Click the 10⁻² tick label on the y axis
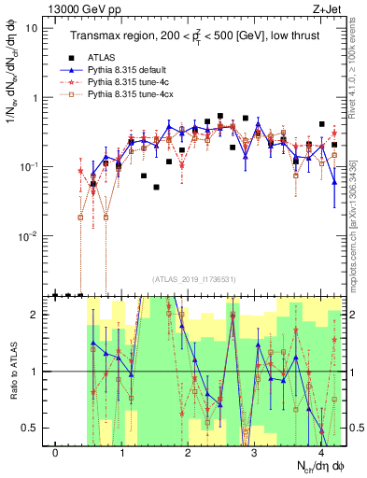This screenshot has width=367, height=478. click(28, 237)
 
